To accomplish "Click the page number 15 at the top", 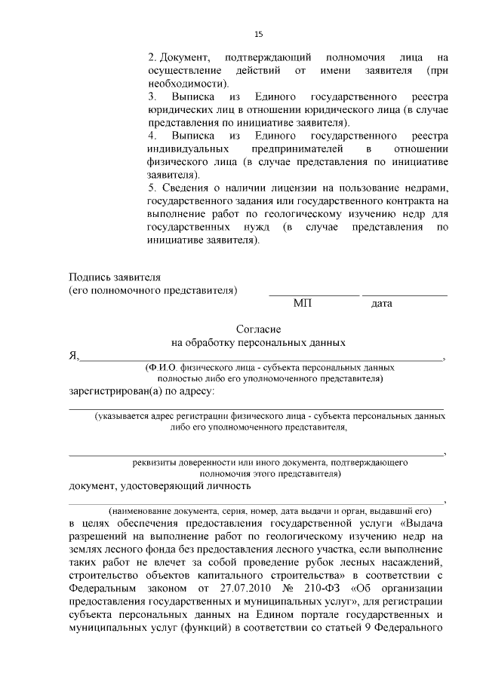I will (x=258, y=34).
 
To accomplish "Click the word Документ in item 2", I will (x=178, y=57).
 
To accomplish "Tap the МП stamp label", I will (x=302, y=304).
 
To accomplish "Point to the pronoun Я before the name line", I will (x=73, y=356).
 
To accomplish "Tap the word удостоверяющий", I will (x=159, y=488).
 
